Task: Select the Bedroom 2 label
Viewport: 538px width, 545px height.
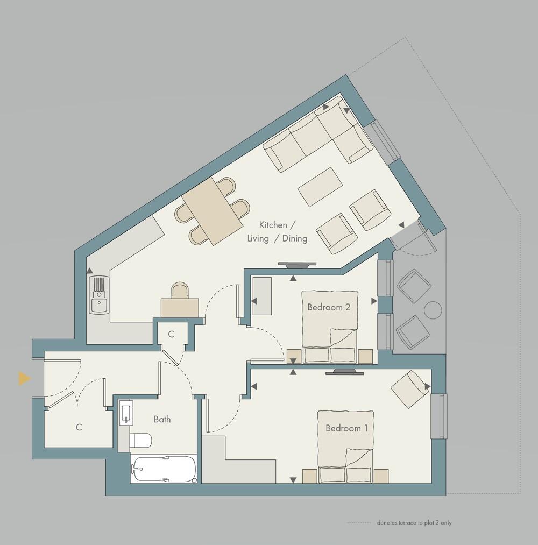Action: (x=329, y=307)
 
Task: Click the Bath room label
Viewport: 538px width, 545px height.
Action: (x=162, y=419)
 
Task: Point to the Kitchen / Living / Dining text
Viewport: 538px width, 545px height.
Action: (x=277, y=232)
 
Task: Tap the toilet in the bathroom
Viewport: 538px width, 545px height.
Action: (x=141, y=440)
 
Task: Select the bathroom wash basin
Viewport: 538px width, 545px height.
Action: (x=125, y=413)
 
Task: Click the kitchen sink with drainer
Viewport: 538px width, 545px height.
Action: (x=99, y=294)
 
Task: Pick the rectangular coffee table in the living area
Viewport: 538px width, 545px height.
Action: (x=321, y=187)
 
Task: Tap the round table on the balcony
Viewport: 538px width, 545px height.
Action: (x=433, y=310)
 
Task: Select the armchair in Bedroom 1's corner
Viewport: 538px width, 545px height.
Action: (x=411, y=388)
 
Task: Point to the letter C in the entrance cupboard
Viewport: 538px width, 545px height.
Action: (x=79, y=428)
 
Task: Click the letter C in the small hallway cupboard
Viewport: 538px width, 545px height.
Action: (x=171, y=334)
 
